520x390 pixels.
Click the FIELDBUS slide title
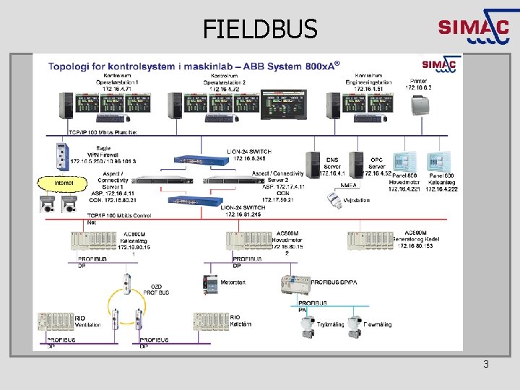(260, 29)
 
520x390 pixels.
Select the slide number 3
(486, 364)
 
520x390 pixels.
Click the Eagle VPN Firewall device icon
(61, 155)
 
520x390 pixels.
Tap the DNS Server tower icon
(313, 164)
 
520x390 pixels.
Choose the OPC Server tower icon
(355, 164)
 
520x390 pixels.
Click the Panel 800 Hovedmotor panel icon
(402, 162)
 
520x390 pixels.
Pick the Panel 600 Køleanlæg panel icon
(438, 162)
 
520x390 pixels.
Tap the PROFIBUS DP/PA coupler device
(295, 284)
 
